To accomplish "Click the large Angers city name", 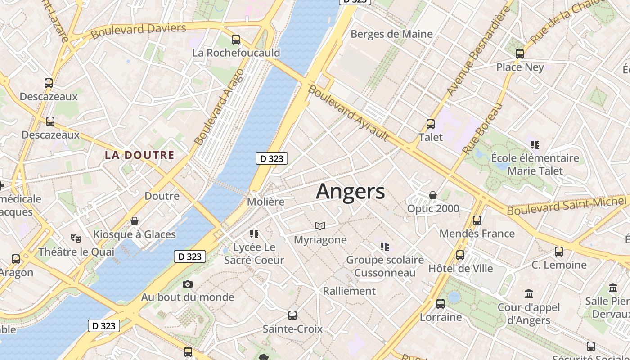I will pos(351,192).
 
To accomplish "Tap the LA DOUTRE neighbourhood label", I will pos(139,155).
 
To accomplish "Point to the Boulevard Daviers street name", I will pos(139,31).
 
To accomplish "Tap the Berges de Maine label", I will pos(391,34).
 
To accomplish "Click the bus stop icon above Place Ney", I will pos(520,54).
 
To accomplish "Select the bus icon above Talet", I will pos(431,124).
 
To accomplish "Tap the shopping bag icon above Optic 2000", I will pos(433,195).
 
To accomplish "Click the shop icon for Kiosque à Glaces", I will pos(134,221).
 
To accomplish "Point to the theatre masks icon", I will pos(76,238).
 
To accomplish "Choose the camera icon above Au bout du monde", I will pos(188,284).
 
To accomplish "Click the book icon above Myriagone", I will pos(320,226).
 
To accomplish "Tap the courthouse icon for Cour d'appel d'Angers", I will pos(529,294).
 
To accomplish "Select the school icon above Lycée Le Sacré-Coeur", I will pos(254,234).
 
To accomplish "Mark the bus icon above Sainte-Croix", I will pos(292,315).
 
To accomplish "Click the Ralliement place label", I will pos(349,291).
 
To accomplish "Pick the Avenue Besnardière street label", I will pos(478,52).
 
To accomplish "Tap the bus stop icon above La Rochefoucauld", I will pos(236,39).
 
